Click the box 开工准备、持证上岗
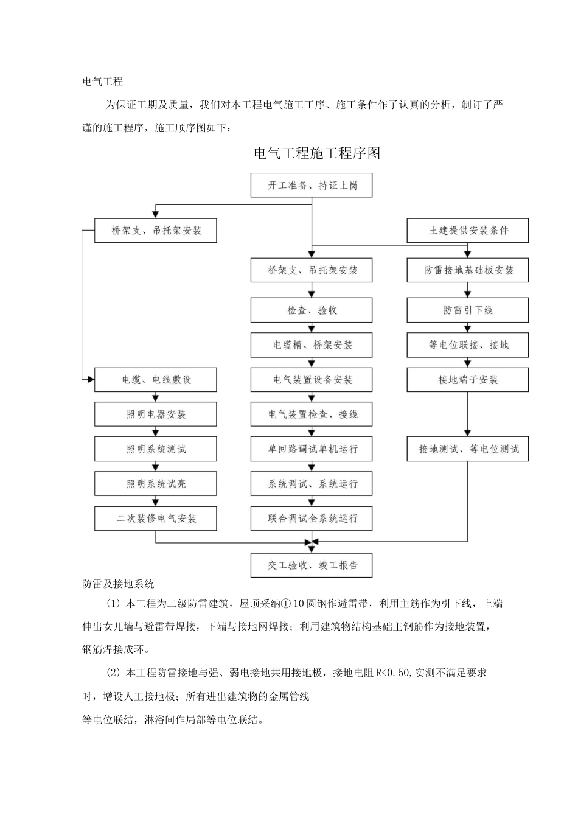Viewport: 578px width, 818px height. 312,185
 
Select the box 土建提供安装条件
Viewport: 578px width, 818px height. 467,231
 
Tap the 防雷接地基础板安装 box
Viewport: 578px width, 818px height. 467,270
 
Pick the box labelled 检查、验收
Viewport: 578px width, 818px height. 312,310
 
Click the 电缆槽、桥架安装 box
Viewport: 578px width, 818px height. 312,345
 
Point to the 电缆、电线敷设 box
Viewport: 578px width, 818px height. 156,380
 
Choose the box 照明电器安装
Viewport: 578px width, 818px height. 156,414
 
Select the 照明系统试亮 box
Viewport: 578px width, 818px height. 156,484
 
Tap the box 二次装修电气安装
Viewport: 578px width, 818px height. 156,519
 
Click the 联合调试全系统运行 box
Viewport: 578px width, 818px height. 312,519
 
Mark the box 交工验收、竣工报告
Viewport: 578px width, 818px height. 312,565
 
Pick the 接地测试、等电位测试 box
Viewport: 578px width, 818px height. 467,449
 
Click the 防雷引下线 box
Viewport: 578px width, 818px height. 467,310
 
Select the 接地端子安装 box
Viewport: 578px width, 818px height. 467,380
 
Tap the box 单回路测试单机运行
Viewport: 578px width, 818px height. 312,449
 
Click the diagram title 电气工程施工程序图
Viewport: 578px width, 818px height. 317,153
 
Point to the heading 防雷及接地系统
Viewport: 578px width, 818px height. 118,584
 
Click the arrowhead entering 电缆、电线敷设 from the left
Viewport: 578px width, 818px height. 91,380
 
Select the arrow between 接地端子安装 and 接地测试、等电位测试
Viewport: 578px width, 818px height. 467,414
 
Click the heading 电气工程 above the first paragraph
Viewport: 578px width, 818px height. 103,82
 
